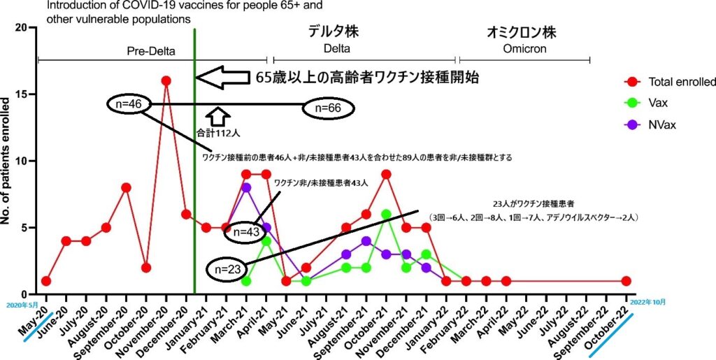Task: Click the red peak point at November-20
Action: pos(166,81)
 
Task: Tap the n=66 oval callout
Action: pos(329,108)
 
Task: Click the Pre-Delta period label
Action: pos(151,50)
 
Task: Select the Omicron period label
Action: pos(524,50)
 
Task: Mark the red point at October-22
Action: pos(626,281)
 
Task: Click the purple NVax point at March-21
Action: pos(246,187)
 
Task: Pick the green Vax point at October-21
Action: pos(386,215)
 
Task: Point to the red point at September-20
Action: pos(126,187)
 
